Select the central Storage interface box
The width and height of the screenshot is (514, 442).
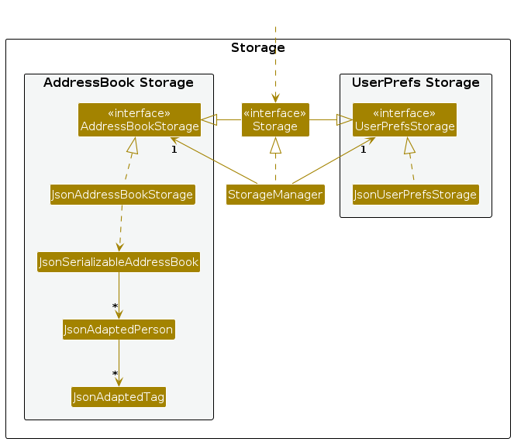pos(275,119)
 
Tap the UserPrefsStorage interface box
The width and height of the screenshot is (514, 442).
pos(404,119)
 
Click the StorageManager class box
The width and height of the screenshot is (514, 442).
pos(275,195)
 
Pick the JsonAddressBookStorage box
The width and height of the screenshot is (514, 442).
pos(122,195)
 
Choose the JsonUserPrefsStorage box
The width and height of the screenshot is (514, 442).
pos(416,195)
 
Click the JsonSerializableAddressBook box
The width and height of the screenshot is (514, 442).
pos(119,262)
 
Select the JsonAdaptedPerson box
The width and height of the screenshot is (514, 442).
pos(119,330)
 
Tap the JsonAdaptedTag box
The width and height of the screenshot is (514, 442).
pos(119,397)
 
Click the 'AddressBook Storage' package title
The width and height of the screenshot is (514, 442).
pos(119,83)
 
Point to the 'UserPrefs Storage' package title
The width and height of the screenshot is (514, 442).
pos(416,83)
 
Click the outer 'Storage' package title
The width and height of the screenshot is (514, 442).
pos(258,48)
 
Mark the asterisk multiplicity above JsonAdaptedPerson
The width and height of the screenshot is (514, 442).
pos(115,307)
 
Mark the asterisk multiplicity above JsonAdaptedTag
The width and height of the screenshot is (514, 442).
pos(115,375)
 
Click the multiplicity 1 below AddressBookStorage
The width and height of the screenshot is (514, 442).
pos(174,149)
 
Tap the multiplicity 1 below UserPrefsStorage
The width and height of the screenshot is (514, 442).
pos(363,149)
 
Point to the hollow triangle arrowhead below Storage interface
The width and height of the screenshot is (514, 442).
pos(275,145)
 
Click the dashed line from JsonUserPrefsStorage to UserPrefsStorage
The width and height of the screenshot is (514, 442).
pos(411,167)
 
